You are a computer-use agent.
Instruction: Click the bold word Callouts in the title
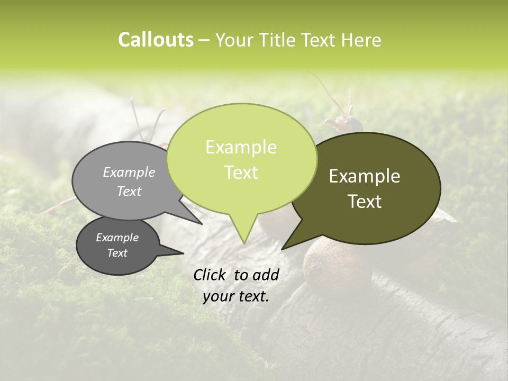coord(156,40)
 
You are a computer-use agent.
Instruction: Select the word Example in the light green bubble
coord(241,147)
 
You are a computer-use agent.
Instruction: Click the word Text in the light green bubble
coord(241,172)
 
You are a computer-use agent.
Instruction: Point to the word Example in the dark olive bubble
coord(365,176)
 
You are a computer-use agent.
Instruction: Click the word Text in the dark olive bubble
coord(365,201)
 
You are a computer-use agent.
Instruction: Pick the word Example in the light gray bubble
coord(129,172)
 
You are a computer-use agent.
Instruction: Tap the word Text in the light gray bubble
coord(129,191)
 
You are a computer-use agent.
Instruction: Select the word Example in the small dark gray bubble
coord(117,238)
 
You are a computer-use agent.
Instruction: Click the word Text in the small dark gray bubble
coord(117,253)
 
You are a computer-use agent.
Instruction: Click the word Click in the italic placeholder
coord(211,275)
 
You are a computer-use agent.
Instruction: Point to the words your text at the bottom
coord(236,297)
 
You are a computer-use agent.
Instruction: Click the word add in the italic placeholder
coord(266,275)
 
